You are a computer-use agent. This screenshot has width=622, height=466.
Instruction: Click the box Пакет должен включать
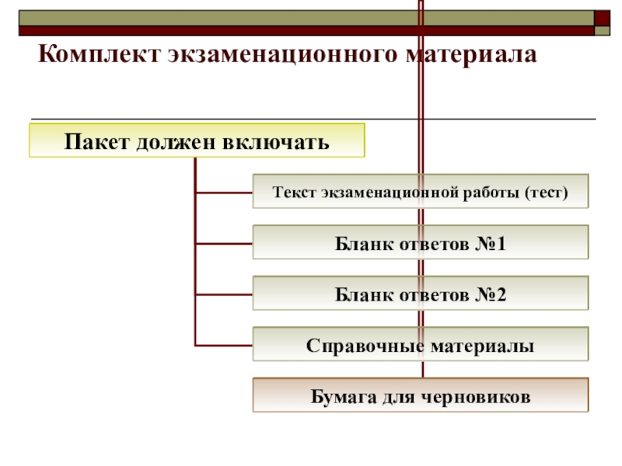click(x=197, y=142)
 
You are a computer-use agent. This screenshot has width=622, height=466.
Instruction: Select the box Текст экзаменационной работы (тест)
click(x=421, y=191)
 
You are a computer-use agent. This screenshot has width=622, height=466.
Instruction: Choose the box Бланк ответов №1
click(x=421, y=243)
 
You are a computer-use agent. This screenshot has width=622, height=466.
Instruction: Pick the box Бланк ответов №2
click(x=421, y=294)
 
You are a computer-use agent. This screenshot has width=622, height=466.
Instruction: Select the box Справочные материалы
click(x=421, y=345)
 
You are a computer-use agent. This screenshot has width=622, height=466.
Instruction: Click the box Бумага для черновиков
click(x=421, y=395)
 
